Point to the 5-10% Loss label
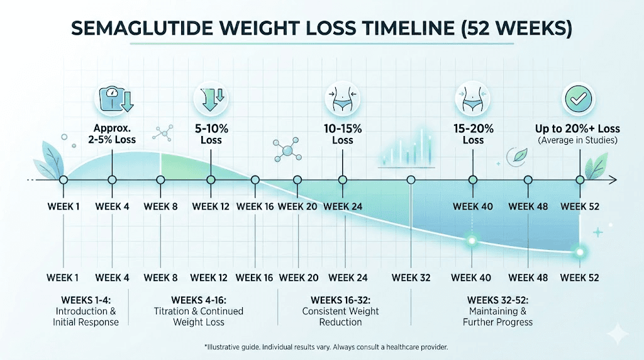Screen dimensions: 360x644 [x=211, y=134]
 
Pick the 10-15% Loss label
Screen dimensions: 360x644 [x=343, y=134]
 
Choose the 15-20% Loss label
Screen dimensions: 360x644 [x=473, y=134]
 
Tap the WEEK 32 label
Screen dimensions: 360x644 [x=411, y=278]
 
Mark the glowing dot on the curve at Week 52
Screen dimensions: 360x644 [x=580, y=252]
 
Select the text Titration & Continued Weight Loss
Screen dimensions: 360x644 [x=198, y=317]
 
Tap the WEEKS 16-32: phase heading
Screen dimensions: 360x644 [x=340, y=299]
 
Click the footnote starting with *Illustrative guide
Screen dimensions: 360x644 [x=325, y=347]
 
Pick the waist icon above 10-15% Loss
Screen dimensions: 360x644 [x=342, y=99]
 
